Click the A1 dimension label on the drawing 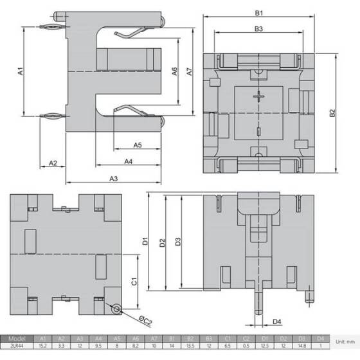(20, 73)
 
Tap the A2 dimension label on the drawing (53, 163)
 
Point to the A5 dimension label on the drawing (138, 145)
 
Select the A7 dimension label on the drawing (190, 73)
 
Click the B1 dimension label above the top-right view (258, 12)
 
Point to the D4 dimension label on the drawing (276, 321)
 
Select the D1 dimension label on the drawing (146, 242)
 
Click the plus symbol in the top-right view (258, 97)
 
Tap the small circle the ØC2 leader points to (116, 310)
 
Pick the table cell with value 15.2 (44, 348)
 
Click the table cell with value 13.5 (190, 348)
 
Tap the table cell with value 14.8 (302, 348)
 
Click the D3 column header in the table (302, 339)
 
